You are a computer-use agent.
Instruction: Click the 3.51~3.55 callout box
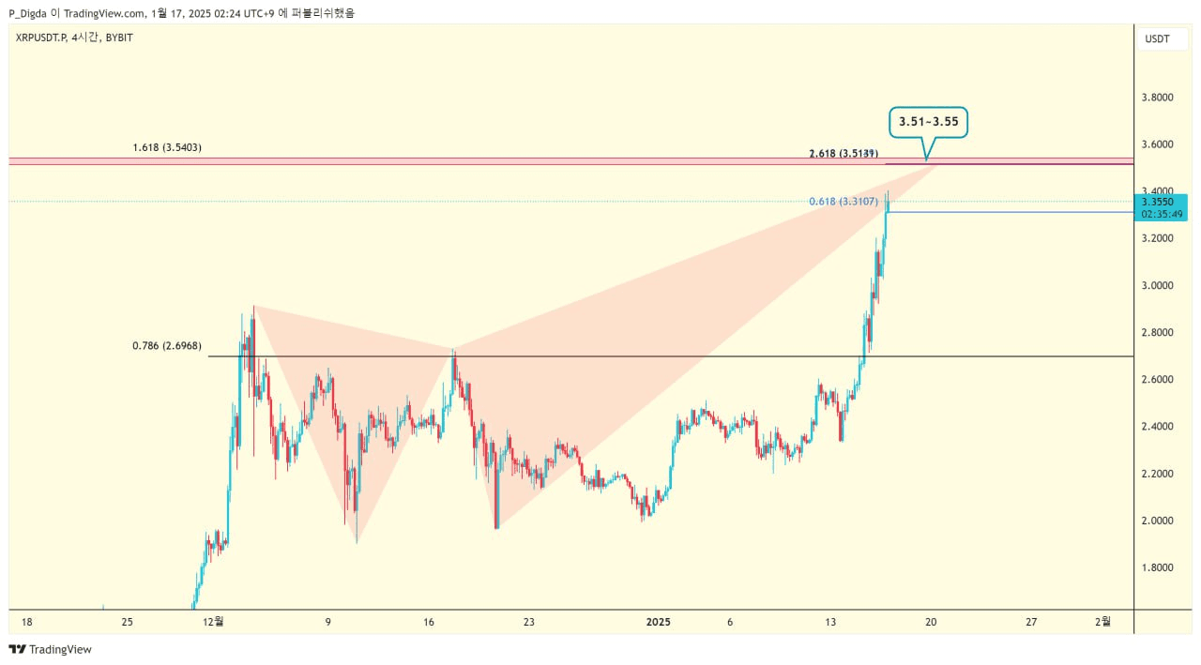[x=928, y=122]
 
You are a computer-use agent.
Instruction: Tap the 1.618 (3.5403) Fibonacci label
[x=167, y=147]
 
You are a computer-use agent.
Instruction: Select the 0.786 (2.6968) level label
[x=167, y=346]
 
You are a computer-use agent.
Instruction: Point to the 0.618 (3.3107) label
[x=844, y=202]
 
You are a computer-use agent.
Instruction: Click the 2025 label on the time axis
[x=659, y=621]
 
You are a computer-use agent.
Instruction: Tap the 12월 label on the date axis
[x=213, y=621]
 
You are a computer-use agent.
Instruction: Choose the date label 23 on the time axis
[x=529, y=621]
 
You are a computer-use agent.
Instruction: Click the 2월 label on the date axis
[x=1104, y=621]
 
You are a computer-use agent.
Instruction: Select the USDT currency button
[x=1157, y=38]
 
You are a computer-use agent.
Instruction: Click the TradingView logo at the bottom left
[x=51, y=649]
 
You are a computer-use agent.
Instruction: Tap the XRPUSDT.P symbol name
[x=40, y=38]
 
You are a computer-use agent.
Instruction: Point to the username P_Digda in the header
[x=36, y=13]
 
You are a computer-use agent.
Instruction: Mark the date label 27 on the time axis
[x=1031, y=621]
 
